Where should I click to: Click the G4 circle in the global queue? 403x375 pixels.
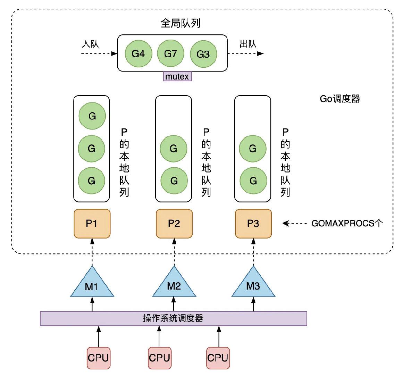138,54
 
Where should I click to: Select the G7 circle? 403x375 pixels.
170,53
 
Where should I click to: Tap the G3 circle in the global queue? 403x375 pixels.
203,54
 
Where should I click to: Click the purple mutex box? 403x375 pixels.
177,76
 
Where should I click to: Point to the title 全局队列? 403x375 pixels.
180,23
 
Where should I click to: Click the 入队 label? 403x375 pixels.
90,44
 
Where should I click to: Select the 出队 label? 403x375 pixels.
248,44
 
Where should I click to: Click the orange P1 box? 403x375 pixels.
92,224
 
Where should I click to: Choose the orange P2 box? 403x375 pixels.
174,224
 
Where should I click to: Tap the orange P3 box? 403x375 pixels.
253,224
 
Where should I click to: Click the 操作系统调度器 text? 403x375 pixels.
173,318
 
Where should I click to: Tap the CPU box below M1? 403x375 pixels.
98,358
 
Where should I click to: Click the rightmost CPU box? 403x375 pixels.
217,358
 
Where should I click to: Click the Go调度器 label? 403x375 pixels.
340,99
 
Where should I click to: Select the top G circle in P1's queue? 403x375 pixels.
92,116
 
